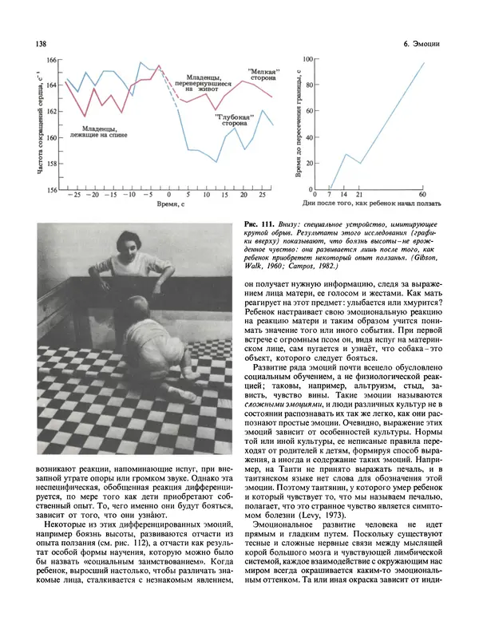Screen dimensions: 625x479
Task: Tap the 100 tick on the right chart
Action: [311, 60]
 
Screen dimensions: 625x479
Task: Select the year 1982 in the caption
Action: [331, 268]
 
